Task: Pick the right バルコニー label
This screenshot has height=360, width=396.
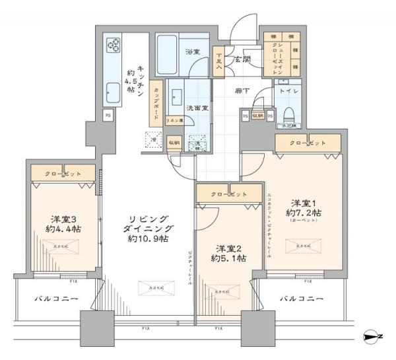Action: click(x=301, y=299)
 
